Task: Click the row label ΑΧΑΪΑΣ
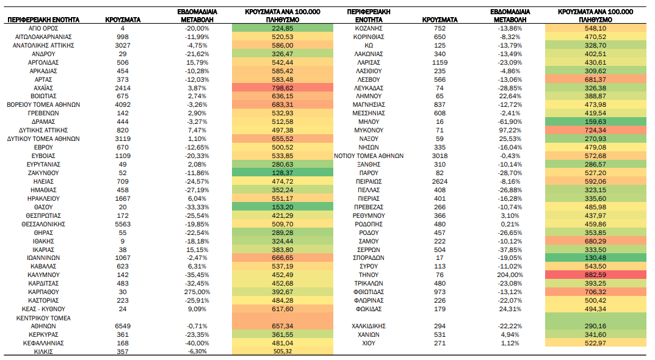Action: [x=43, y=88]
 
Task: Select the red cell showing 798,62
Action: [x=283, y=88]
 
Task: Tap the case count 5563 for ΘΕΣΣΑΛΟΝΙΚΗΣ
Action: [x=123, y=224]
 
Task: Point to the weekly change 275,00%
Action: [x=197, y=292]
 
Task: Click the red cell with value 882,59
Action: [x=595, y=275]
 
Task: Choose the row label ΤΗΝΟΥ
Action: [x=369, y=275]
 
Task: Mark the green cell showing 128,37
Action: [x=283, y=173]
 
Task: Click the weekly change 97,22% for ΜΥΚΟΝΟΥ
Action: [x=510, y=131]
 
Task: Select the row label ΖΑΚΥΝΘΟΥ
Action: [x=43, y=173]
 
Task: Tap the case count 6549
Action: [x=123, y=326]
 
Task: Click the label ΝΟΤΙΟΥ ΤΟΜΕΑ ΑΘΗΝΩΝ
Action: [x=369, y=156]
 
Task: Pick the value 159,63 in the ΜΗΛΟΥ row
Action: [x=595, y=122]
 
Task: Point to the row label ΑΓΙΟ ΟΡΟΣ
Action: [x=43, y=29]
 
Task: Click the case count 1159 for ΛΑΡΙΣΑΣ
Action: [x=440, y=62]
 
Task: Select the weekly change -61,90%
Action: [x=510, y=122]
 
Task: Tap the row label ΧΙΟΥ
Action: [x=369, y=344]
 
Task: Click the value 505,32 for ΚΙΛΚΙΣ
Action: [x=283, y=351]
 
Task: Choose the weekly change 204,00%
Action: [x=510, y=275]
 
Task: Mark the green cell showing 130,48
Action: [x=595, y=257]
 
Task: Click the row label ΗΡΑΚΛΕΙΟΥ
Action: [x=43, y=198]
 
